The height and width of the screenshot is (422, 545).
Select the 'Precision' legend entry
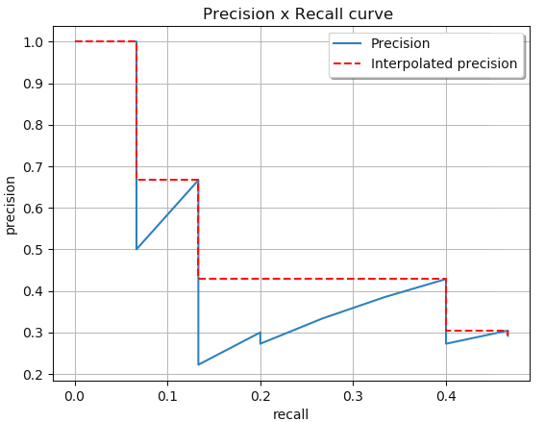pyautogui.click(x=400, y=43)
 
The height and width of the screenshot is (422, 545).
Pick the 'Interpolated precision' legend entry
pyautogui.click(x=443, y=63)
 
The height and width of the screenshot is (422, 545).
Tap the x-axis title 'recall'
pyautogui.click(x=290, y=413)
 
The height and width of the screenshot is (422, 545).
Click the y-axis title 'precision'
pyautogui.click(x=12, y=205)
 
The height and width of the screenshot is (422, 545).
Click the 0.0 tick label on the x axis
pyautogui.click(x=75, y=395)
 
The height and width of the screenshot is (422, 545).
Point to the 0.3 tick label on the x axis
pyautogui.click(x=353, y=395)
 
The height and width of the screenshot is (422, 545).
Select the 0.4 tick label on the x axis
pyautogui.click(x=446, y=395)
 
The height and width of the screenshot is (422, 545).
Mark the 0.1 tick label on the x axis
pyautogui.click(x=167, y=395)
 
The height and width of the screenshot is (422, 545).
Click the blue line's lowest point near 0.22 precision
pyautogui.click(x=199, y=364)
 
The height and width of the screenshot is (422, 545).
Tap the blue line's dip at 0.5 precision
pyautogui.click(x=136, y=249)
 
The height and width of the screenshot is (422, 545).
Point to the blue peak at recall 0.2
pyautogui.click(x=260, y=333)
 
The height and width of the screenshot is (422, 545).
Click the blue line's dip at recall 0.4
pyautogui.click(x=446, y=343)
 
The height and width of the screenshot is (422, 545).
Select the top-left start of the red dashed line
pyautogui.click(x=75, y=41)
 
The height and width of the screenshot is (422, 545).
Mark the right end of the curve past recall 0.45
pyautogui.click(x=508, y=332)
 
